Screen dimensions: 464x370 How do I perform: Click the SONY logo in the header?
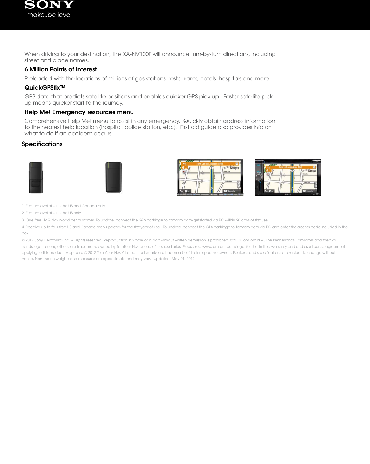[x=49, y=5]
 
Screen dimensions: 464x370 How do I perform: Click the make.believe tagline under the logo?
[x=49, y=15]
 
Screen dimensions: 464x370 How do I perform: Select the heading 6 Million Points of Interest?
[x=61, y=69]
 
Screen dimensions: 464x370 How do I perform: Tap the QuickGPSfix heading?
[x=45, y=88]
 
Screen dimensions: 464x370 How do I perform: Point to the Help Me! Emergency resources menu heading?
[x=79, y=112]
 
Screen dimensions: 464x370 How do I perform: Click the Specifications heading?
[x=42, y=144]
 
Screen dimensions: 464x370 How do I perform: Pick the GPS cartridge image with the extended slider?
[x=36, y=178]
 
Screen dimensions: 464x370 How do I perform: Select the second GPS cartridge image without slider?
[x=113, y=177]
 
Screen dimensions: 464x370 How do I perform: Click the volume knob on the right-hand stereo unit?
[x=259, y=178]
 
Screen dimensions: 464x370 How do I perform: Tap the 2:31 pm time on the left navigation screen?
[x=234, y=168]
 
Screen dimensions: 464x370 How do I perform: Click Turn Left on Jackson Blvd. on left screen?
[x=210, y=164]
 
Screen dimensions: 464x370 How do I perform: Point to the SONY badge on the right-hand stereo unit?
[x=288, y=194]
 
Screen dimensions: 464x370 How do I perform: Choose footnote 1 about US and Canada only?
[x=64, y=206]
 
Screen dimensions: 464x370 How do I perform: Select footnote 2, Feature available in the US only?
[x=52, y=213]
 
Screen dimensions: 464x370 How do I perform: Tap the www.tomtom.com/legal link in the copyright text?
[x=221, y=247]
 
